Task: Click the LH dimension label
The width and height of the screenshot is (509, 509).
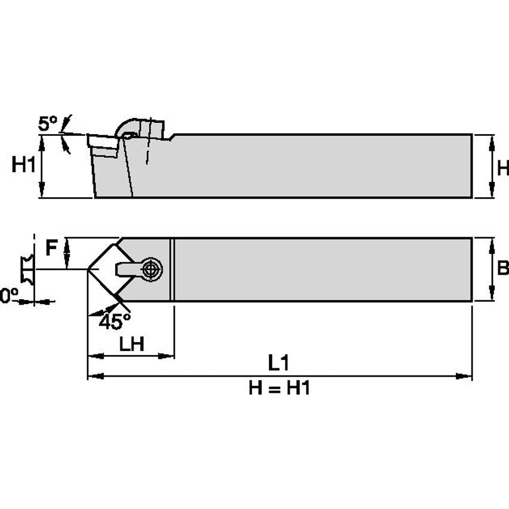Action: click(131, 344)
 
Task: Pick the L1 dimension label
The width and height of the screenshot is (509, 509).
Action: click(278, 362)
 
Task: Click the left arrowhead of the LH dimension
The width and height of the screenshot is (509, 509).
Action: click(93, 356)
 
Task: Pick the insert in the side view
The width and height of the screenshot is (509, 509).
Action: click(103, 146)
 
